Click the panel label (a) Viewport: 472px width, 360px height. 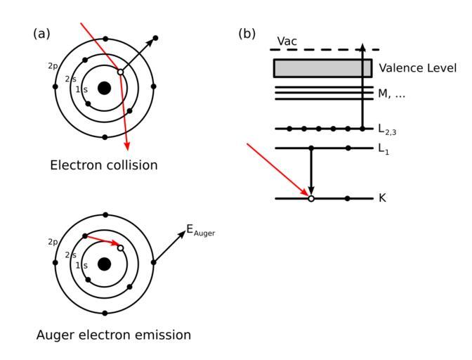41,34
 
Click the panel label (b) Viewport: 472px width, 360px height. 247,34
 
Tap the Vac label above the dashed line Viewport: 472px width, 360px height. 287,41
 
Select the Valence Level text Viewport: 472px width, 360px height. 417,68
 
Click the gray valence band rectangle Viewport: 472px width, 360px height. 322,68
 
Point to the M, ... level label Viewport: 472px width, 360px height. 392,94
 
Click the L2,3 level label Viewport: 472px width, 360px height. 387,129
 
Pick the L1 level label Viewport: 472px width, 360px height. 383,149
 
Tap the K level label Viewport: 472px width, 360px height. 382,198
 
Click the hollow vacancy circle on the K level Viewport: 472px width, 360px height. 311,198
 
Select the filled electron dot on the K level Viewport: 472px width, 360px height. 348,198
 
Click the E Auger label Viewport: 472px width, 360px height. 200,231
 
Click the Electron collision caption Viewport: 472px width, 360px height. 104,165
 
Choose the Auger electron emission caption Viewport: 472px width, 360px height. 114,335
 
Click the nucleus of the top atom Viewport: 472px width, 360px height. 105,88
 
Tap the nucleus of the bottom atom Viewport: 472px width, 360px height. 105,264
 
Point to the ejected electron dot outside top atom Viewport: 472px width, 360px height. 156,38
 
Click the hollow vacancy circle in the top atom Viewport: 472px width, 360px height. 120,72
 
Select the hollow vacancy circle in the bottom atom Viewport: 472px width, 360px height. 120,248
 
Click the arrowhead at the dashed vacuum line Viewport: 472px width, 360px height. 362,47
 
